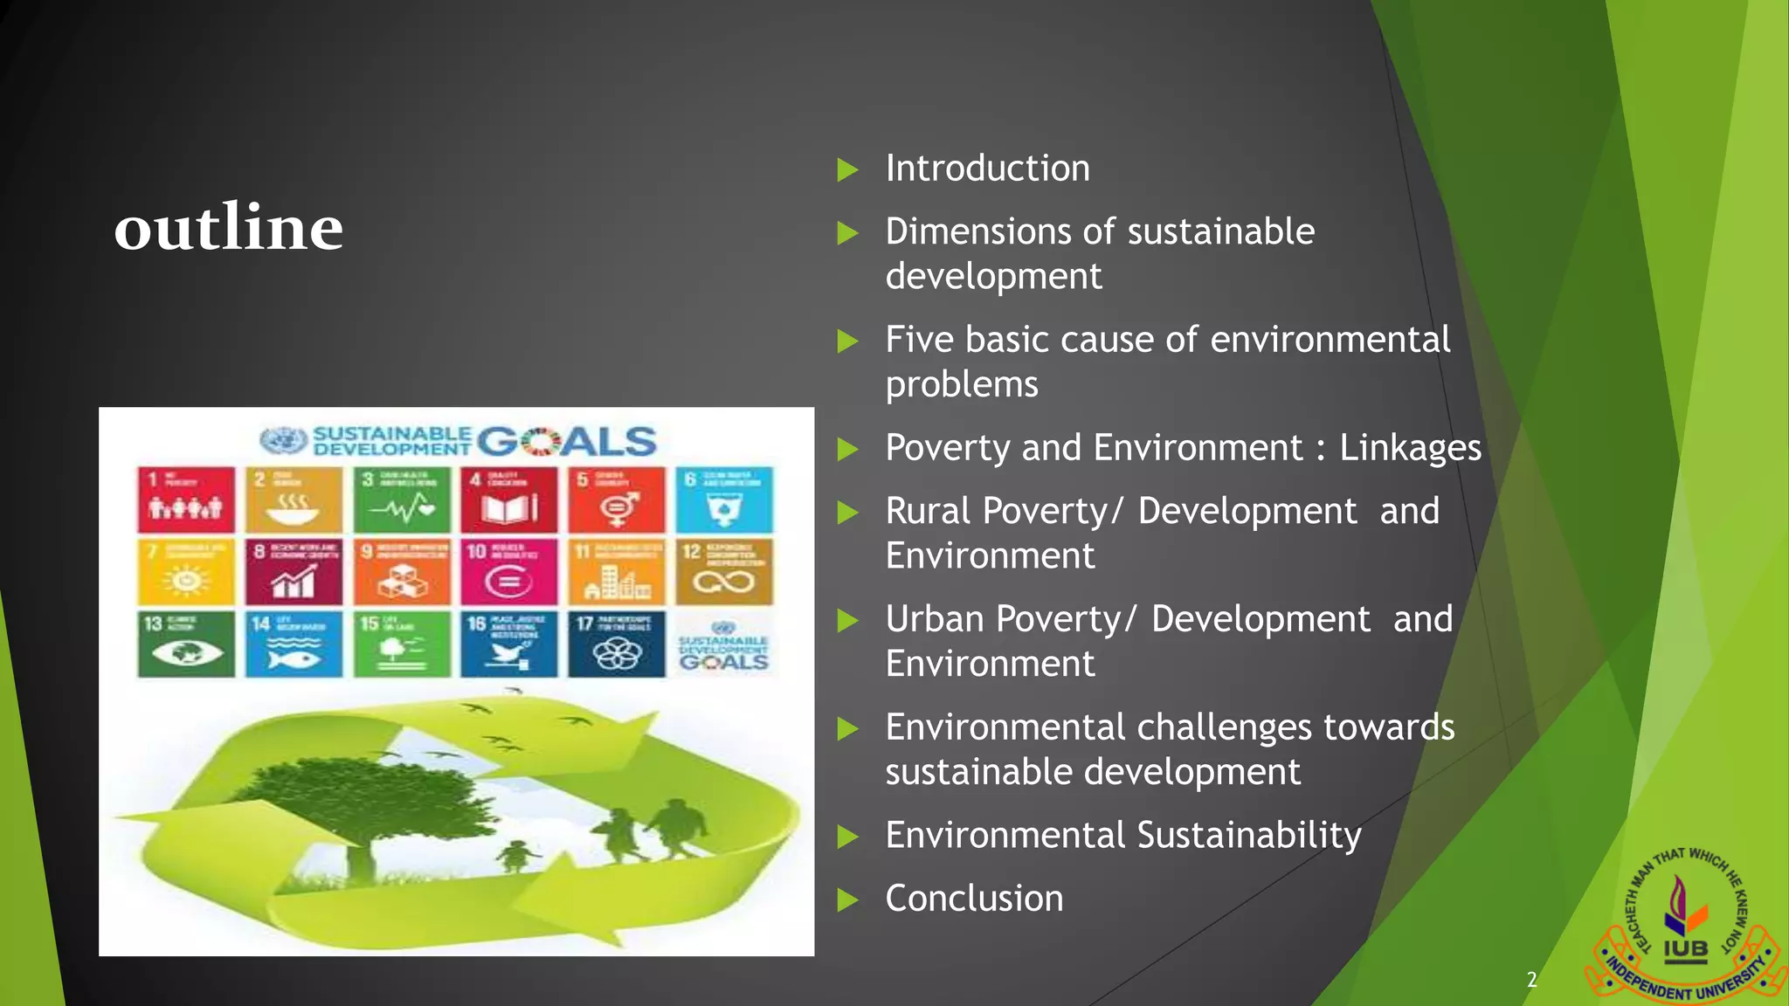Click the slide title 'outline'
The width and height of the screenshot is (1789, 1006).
pyautogui.click(x=229, y=228)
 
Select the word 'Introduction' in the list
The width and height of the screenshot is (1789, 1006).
pyautogui.click(x=987, y=169)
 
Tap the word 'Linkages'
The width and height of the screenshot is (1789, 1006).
pyautogui.click(x=1410, y=448)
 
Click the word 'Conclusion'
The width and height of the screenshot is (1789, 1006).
pyautogui.click(x=974, y=899)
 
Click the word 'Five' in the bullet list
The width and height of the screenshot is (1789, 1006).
pyautogui.click(x=919, y=340)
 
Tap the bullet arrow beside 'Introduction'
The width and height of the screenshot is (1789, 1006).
pyautogui.click(x=847, y=169)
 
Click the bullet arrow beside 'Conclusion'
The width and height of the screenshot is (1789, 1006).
pyautogui.click(x=847, y=899)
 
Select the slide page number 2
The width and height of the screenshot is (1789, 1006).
pyautogui.click(x=1531, y=980)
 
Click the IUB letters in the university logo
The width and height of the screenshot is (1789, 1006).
pyautogui.click(x=1685, y=949)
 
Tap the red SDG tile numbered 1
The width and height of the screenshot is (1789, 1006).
pyautogui.click(x=186, y=500)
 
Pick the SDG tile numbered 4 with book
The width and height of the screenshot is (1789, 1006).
pyautogui.click(x=509, y=500)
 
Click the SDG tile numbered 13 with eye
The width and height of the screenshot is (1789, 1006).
pyautogui.click(x=186, y=644)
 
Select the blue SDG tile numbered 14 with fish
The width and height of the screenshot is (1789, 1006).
pyautogui.click(x=294, y=644)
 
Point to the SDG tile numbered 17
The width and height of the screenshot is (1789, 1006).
pyautogui.click(x=617, y=644)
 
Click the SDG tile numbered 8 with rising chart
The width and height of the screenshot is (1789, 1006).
pyautogui.click(x=294, y=572)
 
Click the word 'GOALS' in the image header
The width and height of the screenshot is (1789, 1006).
pyautogui.click(x=567, y=442)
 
